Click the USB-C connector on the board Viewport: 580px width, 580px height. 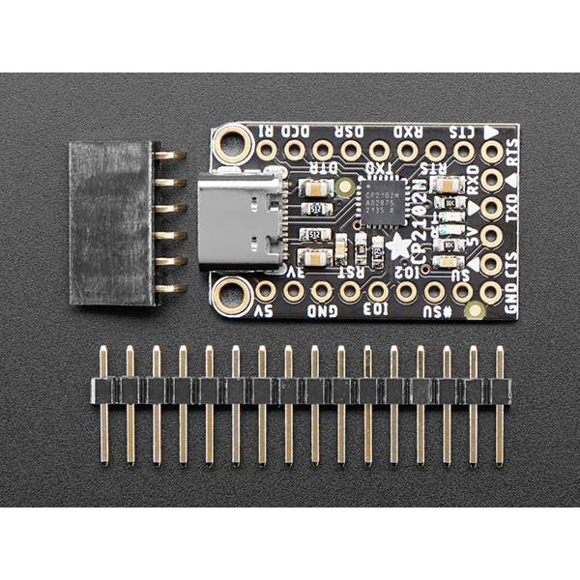(243, 221)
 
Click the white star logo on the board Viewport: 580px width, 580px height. (398, 246)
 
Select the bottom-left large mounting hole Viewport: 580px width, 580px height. (233, 295)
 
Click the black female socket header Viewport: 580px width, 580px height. (111, 222)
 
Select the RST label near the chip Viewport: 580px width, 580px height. (343, 272)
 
